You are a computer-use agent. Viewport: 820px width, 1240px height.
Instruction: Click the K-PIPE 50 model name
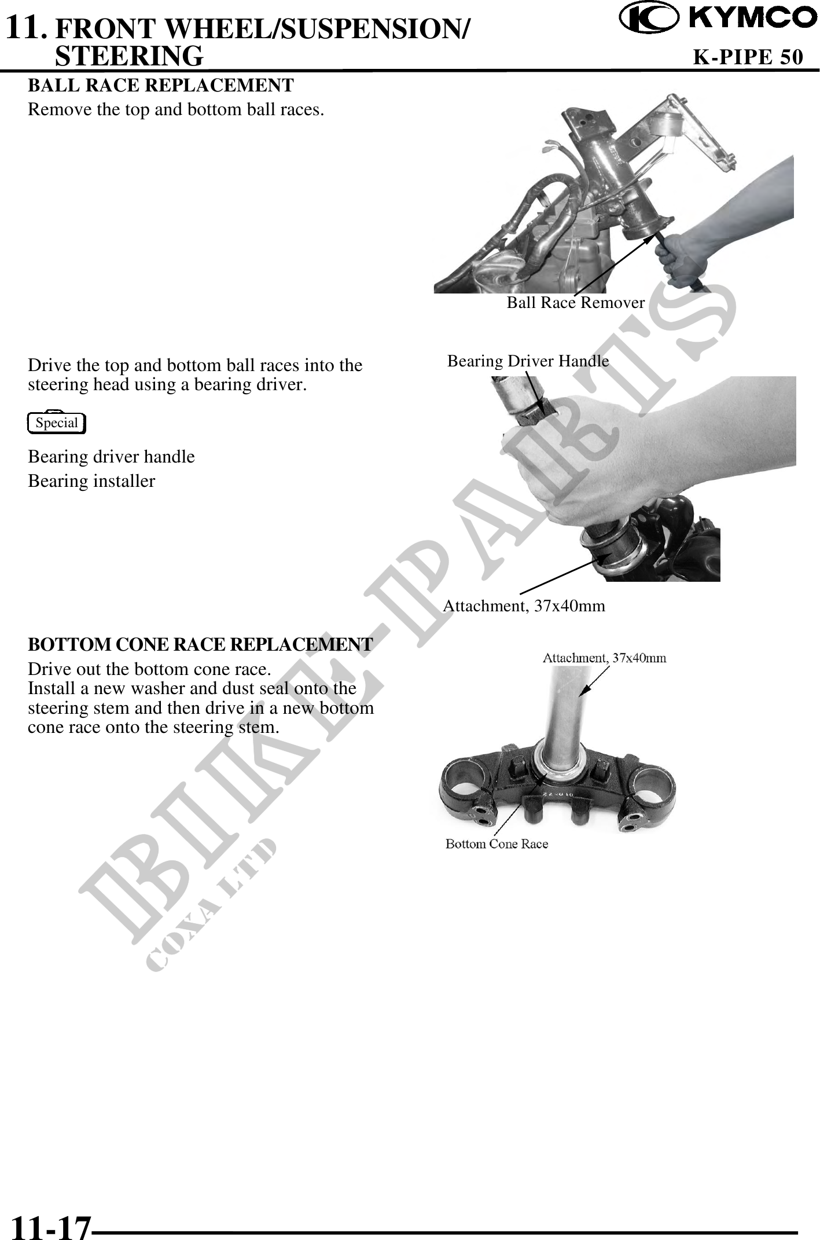pos(748,57)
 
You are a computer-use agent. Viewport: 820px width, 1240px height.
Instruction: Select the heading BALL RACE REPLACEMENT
pos(161,85)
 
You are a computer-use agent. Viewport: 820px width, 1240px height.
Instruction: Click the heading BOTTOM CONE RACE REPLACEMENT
pos(200,644)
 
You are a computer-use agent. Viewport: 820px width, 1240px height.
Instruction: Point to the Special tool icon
pos(57,423)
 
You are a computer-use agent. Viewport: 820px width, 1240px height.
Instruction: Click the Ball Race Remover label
pos(576,302)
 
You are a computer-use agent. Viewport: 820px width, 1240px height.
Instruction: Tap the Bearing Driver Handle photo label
pos(528,361)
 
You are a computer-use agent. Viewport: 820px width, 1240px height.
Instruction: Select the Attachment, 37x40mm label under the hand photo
pos(524,606)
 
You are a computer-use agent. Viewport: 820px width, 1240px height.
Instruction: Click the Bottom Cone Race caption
pos(497,843)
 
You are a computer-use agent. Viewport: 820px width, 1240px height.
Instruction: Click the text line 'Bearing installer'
pos(91,481)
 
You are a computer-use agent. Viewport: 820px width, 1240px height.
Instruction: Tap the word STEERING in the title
pos(129,56)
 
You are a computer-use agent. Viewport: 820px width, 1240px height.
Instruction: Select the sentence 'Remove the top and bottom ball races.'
pos(176,109)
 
